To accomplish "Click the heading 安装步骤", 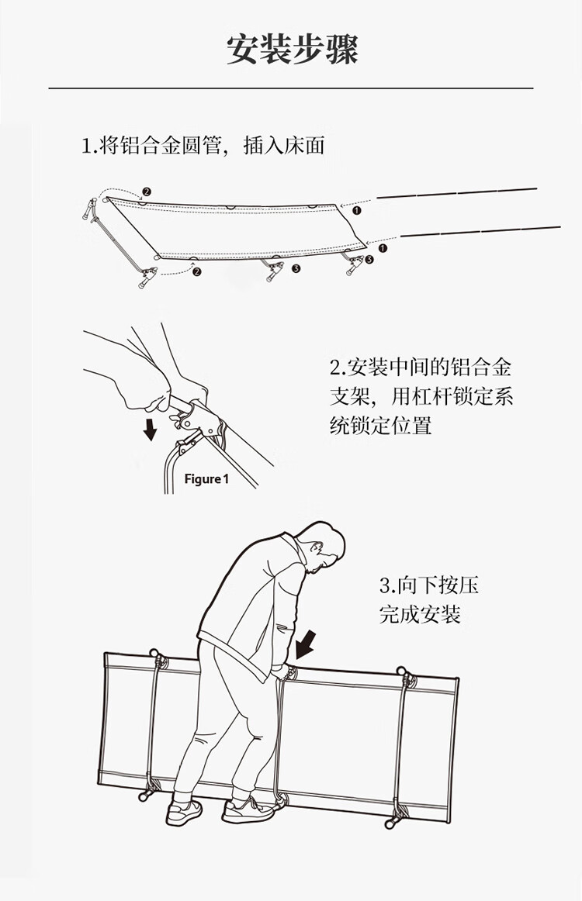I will pyautogui.click(x=292, y=50).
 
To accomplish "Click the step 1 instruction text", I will pyautogui.click(x=203, y=145).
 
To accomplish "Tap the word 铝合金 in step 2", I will pyautogui.click(x=485, y=367).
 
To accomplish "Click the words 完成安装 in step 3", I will pyautogui.click(x=420, y=614).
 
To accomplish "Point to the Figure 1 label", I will pyautogui.click(x=206, y=478).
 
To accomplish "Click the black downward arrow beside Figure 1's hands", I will pyautogui.click(x=151, y=428).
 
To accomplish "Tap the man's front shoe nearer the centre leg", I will pyautogui.click(x=248, y=810).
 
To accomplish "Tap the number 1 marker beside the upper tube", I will pyautogui.click(x=356, y=209).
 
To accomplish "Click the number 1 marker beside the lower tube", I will pyautogui.click(x=382, y=248).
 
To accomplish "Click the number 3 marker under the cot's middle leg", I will pyautogui.click(x=296, y=269).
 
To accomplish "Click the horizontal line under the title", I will pyautogui.click(x=291, y=89).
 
